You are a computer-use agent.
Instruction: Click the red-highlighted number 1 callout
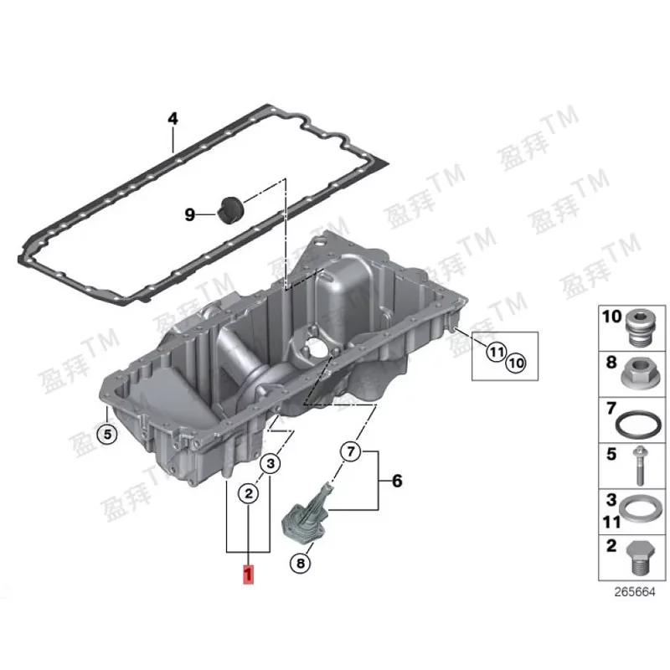click(248, 575)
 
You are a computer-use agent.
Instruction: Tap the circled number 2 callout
click(248, 494)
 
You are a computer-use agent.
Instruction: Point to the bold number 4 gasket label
click(173, 119)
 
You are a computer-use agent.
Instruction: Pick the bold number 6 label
click(397, 481)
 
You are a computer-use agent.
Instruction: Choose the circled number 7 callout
click(350, 452)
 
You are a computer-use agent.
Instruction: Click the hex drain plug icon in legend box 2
click(638, 555)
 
